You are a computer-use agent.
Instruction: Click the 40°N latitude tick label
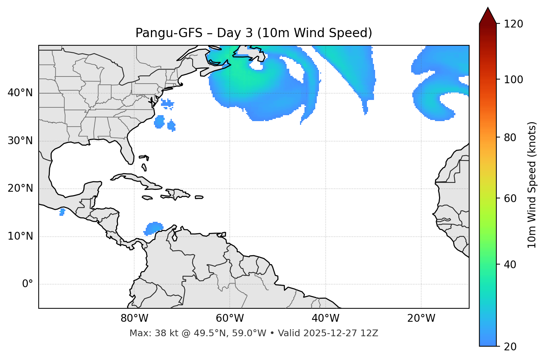tap(20, 93)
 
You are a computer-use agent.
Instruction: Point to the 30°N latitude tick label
tap(20, 141)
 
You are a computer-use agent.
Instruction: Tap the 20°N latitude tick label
tap(20, 188)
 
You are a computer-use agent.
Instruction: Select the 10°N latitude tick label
tap(20, 236)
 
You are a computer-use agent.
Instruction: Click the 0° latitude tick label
tap(28, 284)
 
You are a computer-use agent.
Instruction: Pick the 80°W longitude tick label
tap(134, 318)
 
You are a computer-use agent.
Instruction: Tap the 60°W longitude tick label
tap(230, 318)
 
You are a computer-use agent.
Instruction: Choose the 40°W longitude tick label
tap(325, 318)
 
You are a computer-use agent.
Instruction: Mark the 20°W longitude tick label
tap(421, 318)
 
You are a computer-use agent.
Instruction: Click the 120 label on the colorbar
tap(513, 24)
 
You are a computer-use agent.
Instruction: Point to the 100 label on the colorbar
tap(513, 80)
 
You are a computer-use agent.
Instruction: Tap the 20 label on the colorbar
tap(510, 346)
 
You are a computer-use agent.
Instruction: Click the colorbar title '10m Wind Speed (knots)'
tap(532, 185)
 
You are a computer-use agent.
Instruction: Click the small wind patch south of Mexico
tap(62, 212)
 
